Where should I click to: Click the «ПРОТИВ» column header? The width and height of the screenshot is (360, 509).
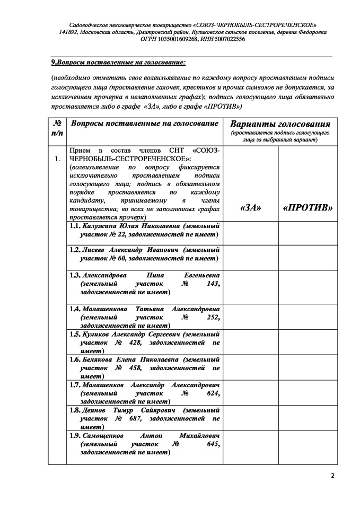point(308,207)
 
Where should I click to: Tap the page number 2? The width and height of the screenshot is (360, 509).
point(332,475)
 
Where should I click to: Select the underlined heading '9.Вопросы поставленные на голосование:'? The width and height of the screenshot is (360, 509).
point(118,63)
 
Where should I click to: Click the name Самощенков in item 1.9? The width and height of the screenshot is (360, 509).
point(104,436)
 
